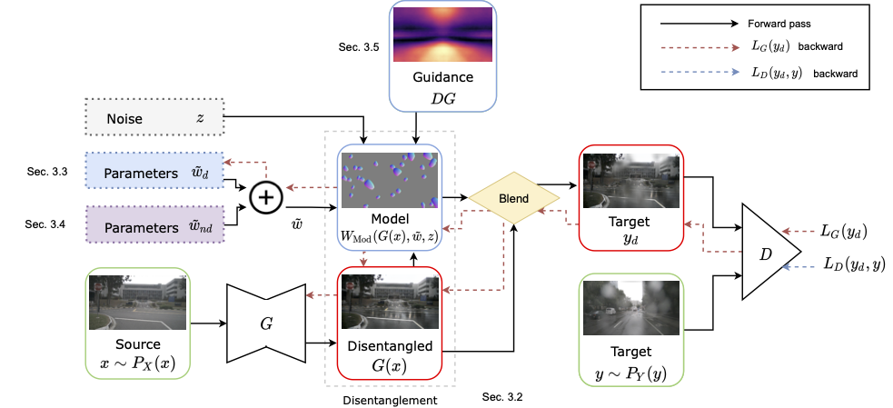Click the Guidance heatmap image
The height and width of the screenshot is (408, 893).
(442, 35)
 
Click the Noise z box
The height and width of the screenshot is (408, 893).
(155, 117)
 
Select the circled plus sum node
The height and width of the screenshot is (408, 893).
(265, 196)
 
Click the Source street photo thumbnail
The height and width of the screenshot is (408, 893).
(137, 303)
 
